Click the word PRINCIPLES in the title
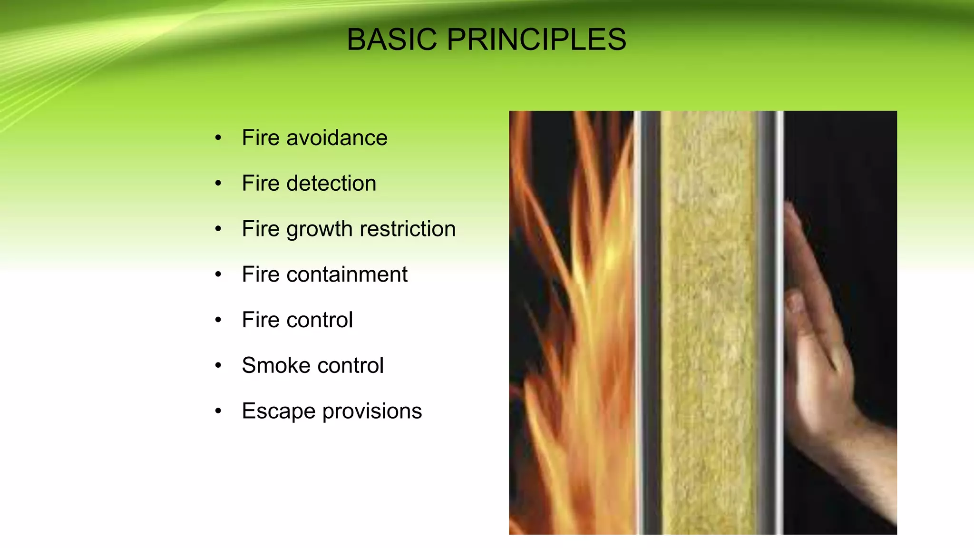click(536, 39)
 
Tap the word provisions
click(372, 411)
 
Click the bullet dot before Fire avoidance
click(218, 138)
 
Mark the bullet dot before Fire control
click(218, 320)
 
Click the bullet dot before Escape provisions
click(218, 411)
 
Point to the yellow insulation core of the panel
click(709, 323)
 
